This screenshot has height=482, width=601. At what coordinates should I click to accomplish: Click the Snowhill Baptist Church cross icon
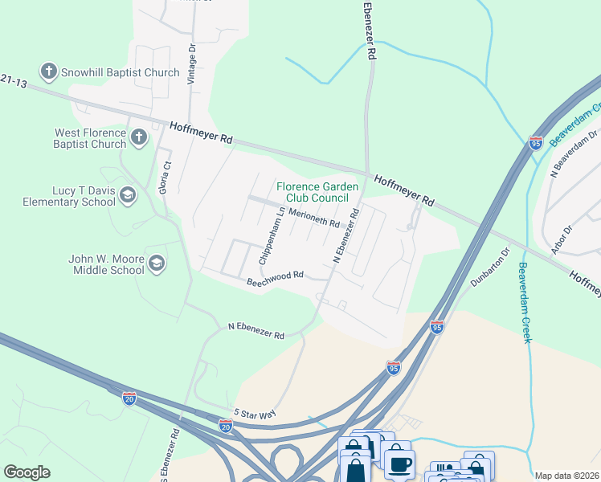click(49, 72)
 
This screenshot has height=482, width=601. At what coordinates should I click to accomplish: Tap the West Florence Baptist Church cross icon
click(138, 137)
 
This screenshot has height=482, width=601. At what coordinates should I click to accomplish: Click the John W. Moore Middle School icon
click(157, 263)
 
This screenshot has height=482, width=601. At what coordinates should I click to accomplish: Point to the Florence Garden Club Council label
click(313, 192)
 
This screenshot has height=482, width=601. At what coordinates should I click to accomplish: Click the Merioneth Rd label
click(313, 218)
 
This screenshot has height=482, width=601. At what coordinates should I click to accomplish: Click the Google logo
click(27, 472)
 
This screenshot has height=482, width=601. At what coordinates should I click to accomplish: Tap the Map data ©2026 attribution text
click(566, 476)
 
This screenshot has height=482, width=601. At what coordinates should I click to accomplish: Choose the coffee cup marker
click(399, 463)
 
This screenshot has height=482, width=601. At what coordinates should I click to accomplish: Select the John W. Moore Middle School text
click(106, 263)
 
